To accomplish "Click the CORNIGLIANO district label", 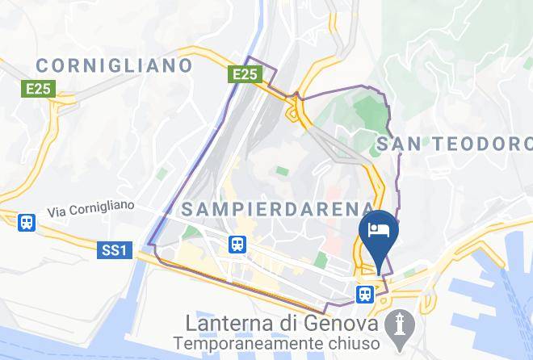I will [x=115, y=65].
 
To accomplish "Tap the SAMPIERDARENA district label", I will [x=279, y=209].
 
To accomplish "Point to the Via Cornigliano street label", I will [x=90, y=210].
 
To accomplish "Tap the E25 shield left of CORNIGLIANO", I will [x=39, y=89].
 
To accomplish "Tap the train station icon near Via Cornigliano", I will [x=27, y=221].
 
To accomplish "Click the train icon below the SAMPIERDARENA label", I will [x=237, y=243].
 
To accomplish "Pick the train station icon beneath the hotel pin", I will [x=365, y=294].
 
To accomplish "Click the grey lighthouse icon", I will [x=399, y=326].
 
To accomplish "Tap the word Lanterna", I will [x=227, y=322].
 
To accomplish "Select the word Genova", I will [x=342, y=322].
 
